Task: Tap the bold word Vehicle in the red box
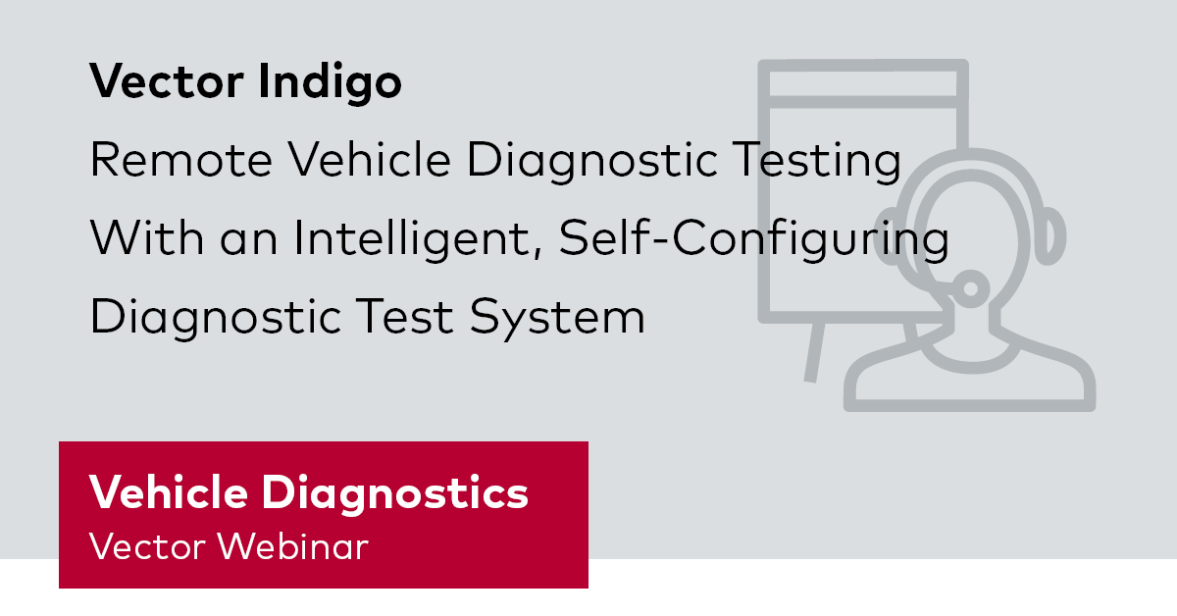coord(169,493)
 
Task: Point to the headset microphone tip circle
coord(971,287)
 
